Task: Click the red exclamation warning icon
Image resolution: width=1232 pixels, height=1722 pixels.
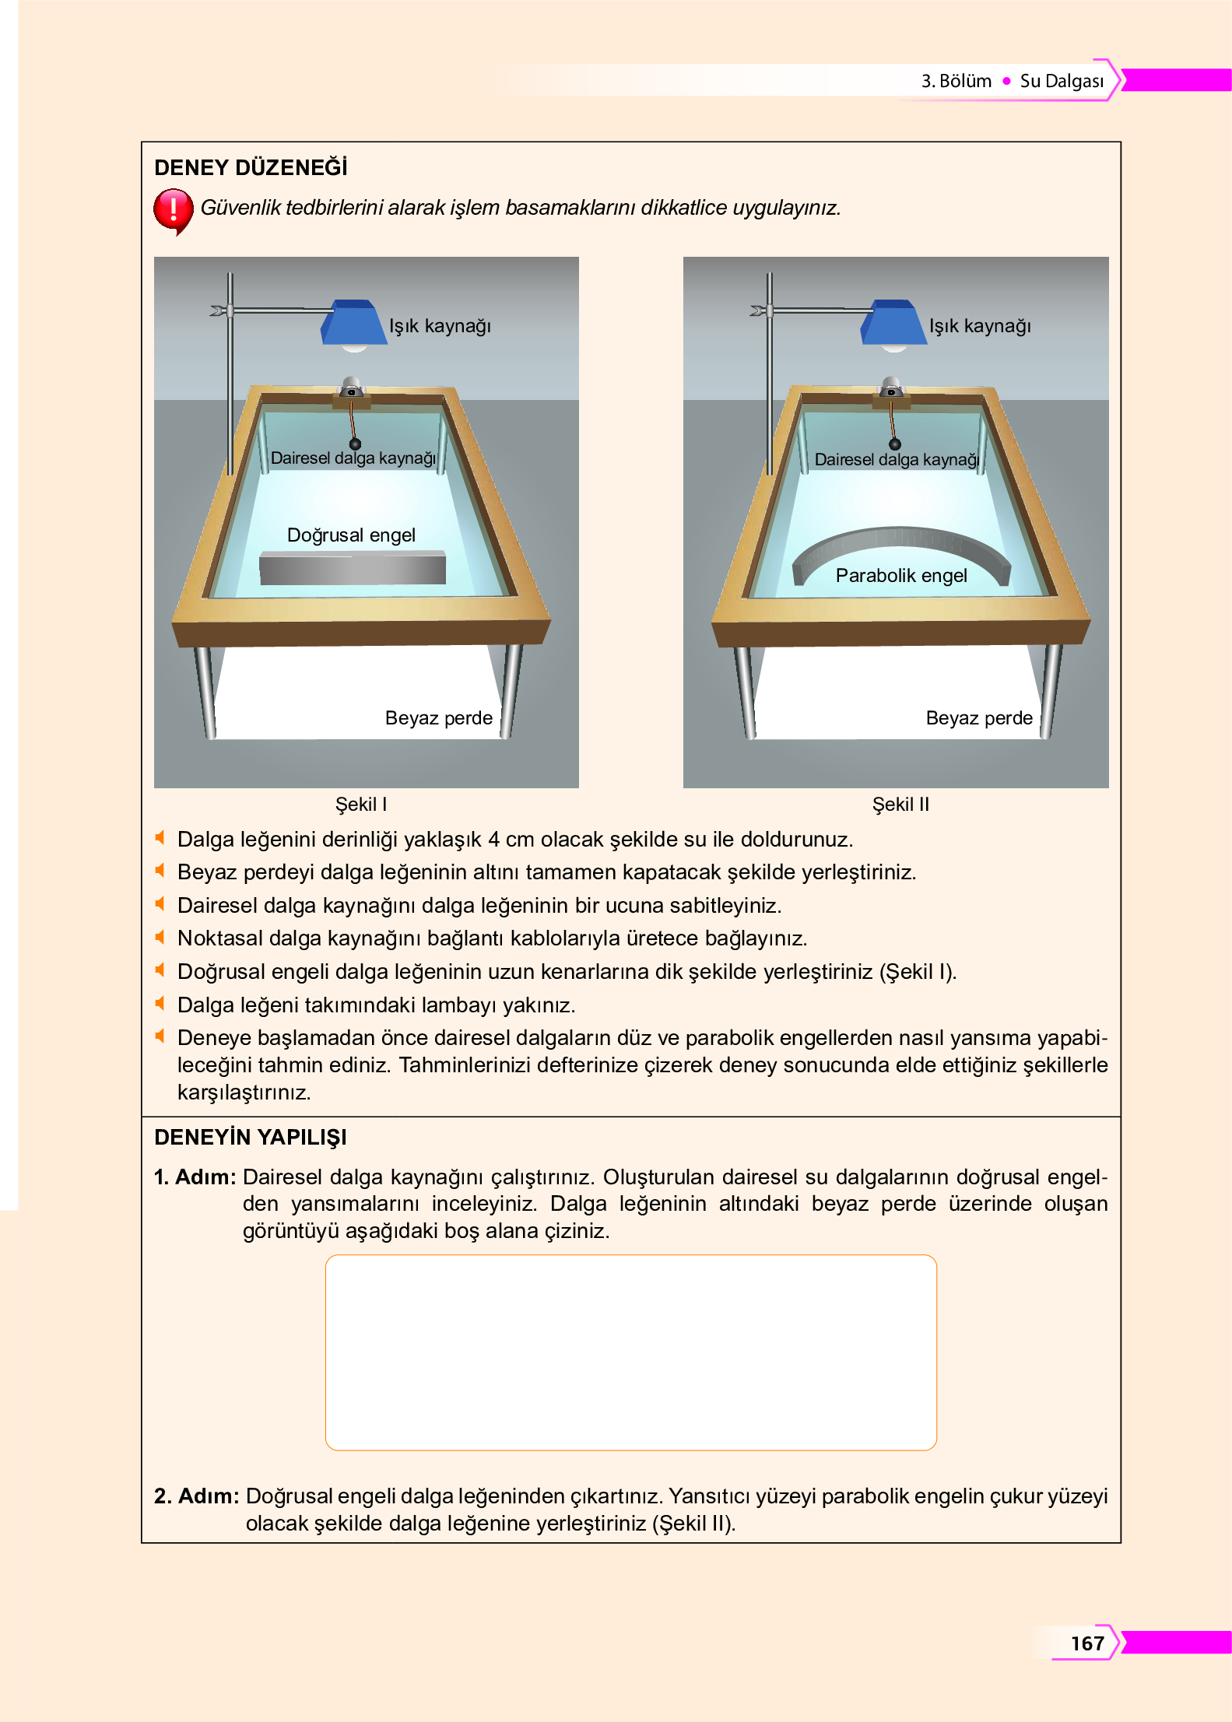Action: pos(173,209)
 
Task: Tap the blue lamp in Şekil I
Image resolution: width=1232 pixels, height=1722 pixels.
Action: pos(354,322)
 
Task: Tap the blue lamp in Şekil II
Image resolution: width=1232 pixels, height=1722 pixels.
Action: pos(893,322)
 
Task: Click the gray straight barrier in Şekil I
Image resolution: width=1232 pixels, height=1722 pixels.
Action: pos(352,568)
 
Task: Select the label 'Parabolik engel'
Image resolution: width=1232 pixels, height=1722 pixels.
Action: pos(900,576)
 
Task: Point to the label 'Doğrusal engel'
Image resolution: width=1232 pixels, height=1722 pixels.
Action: pos(351,535)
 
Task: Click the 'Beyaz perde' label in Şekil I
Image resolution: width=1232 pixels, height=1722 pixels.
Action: pos(438,718)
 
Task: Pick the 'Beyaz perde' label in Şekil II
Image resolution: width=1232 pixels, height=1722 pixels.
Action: pos(978,718)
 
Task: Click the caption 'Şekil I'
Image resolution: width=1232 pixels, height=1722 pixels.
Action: pos(360,805)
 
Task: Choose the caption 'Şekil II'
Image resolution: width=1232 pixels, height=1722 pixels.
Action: pos(900,805)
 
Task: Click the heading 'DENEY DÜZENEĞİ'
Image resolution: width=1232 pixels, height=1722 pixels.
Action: pos(251,168)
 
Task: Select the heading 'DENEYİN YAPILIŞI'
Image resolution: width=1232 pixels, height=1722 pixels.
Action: pos(251,1138)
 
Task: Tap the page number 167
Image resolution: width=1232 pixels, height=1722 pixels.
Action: pos(1086,1643)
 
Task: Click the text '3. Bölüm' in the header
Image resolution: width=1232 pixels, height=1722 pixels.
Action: pos(956,81)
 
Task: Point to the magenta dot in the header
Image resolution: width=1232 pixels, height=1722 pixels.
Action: pos(1006,81)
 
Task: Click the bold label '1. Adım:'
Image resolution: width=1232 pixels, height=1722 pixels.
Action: pos(195,1177)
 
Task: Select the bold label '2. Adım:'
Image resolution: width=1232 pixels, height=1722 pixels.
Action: pos(196,1496)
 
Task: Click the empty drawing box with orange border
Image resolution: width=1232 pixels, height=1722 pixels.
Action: pos(630,1352)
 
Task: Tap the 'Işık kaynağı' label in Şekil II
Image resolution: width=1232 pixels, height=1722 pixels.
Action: pos(980,326)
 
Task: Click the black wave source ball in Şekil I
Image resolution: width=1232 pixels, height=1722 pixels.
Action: pos(355,444)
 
